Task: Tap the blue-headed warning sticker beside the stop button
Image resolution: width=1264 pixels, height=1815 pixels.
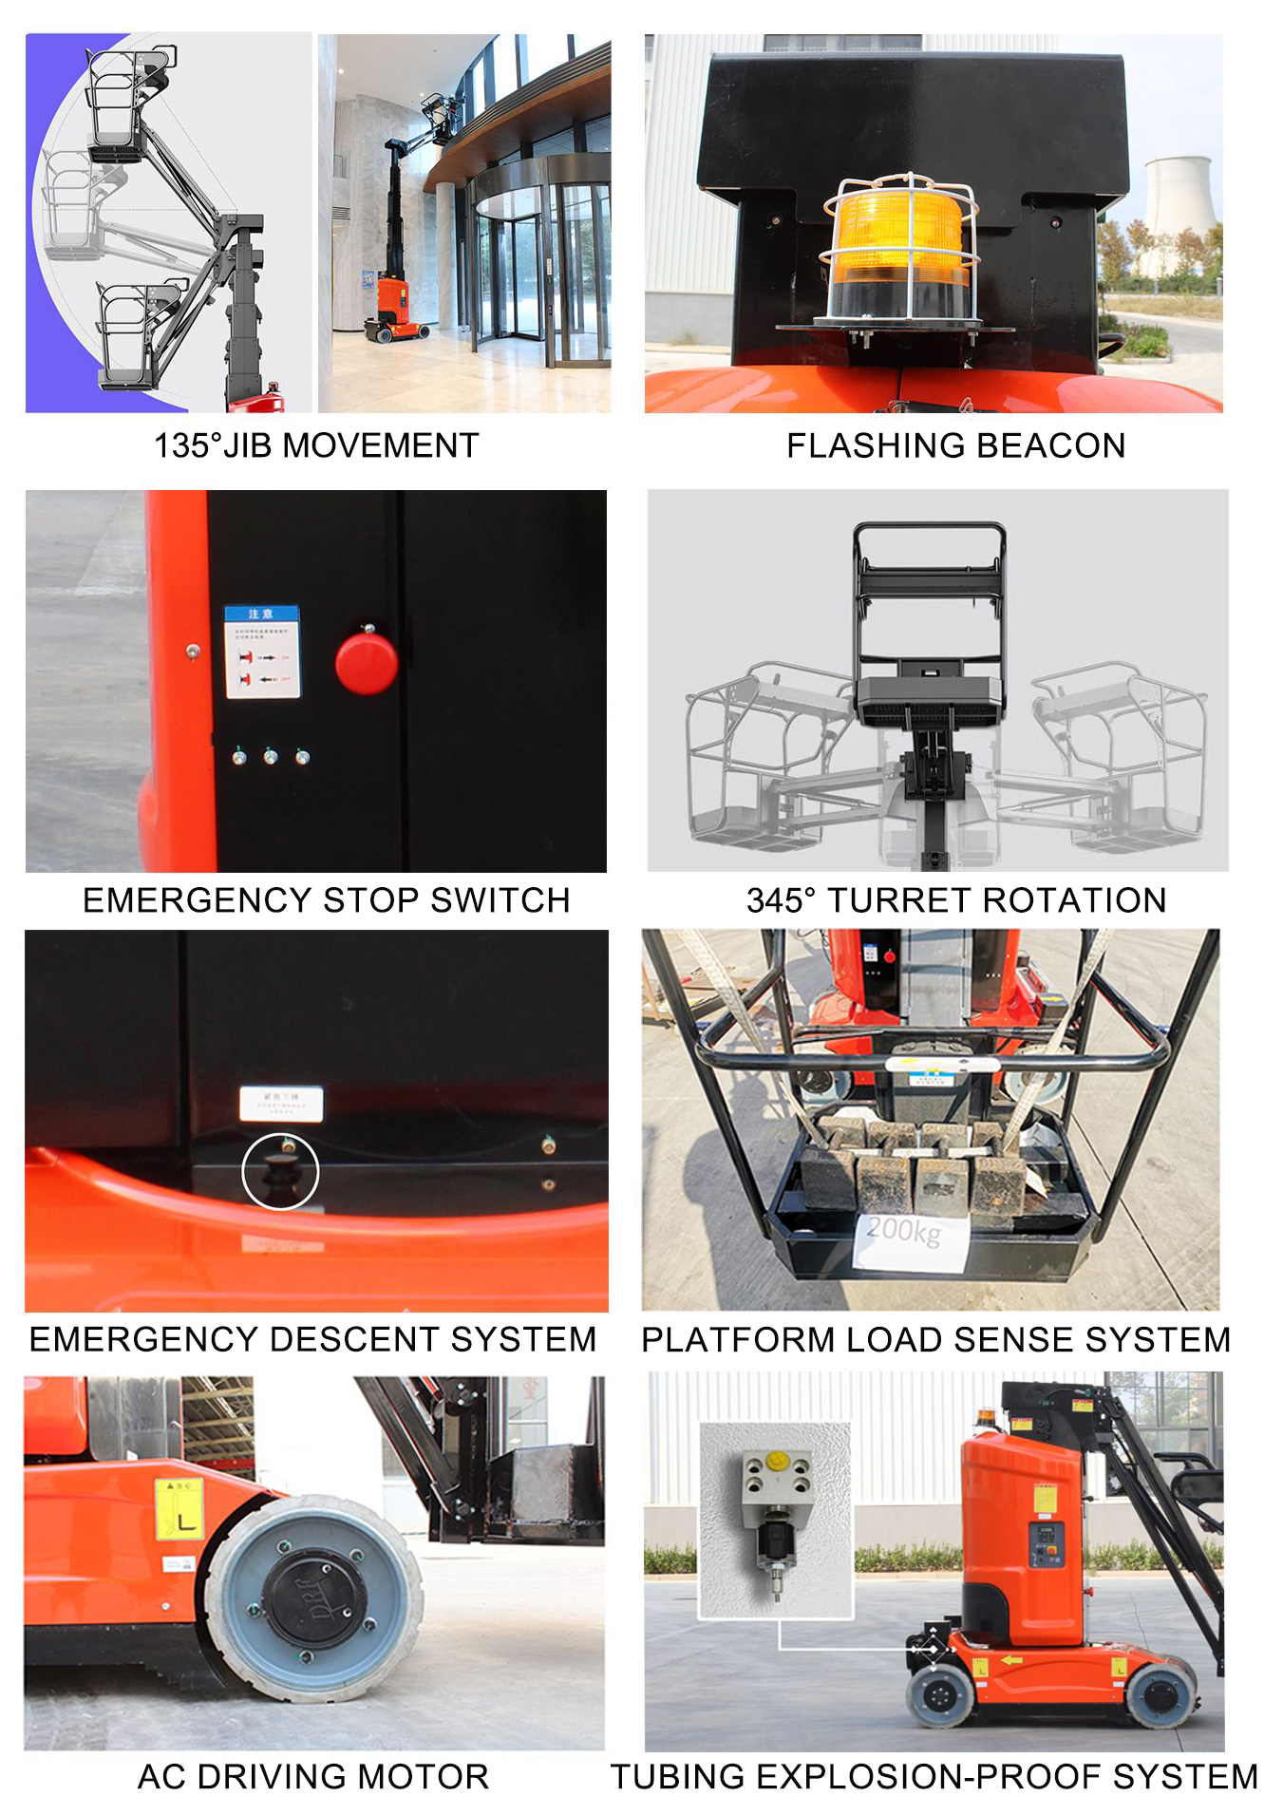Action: [x=262, y=652]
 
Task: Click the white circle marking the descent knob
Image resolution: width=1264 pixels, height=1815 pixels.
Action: [x=280, y=1171]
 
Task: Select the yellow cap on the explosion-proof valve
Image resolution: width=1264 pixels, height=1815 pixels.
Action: [x=776, y=1460]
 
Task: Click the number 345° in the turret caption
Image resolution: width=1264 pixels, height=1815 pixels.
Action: [x=781, y=899]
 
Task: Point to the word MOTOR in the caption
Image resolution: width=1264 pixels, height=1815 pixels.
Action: [x=434, y=1776]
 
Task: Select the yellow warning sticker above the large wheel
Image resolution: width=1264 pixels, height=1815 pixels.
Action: [x=179, y=1508]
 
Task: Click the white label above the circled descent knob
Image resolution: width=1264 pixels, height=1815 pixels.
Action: [x=280, y=1104]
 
